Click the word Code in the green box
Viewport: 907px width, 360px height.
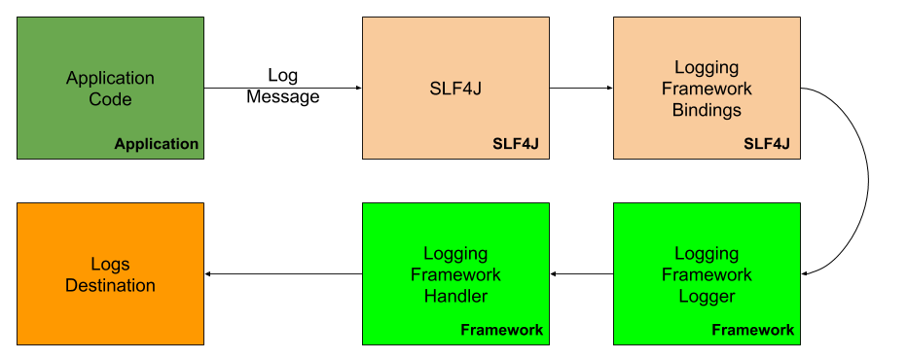point(110,99)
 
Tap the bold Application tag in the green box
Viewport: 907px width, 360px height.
point(156,144)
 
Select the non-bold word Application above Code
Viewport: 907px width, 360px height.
point(110,78)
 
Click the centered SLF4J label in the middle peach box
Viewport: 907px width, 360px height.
point(455,89)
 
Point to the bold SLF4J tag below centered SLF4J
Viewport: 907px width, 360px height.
point(515,144)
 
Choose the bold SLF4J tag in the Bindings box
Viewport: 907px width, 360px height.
point(766,144)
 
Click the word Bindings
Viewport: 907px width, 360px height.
point(707,110)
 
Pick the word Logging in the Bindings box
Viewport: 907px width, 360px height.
point(707,68)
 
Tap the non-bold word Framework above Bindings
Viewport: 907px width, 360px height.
point(707,89)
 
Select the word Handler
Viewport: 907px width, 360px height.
point(455,296)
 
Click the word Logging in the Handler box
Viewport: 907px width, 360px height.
point(455,254)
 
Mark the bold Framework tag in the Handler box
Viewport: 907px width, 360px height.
point(501,330)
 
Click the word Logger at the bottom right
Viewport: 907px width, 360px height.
point(707,296)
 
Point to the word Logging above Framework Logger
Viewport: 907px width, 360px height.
point(707,254)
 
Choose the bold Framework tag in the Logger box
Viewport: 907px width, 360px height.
point(752,330)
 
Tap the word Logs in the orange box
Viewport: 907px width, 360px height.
point(110,265)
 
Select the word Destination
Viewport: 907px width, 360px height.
point(110,285)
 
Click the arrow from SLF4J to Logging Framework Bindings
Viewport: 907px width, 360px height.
point(581,88)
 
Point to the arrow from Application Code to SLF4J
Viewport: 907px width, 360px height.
point(282,88)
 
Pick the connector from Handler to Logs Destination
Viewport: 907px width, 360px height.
point(282,274)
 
